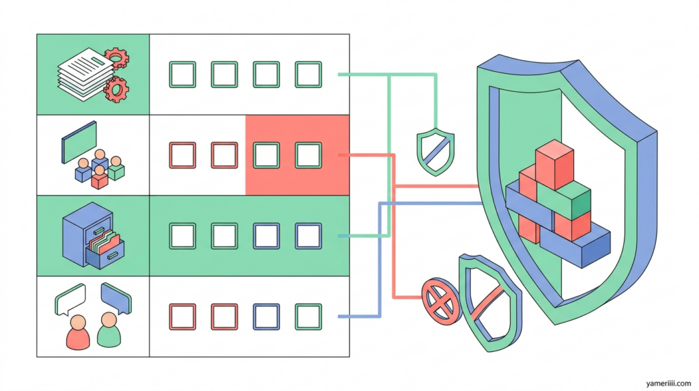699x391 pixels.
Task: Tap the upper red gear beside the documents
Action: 117,58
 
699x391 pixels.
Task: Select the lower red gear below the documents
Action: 117,87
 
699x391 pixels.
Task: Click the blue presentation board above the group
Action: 80,141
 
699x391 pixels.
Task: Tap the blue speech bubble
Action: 115,297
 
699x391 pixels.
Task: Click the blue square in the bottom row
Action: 266,316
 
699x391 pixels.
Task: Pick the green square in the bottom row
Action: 308,316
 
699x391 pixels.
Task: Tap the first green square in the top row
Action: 182,74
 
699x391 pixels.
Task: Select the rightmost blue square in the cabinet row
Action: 308,236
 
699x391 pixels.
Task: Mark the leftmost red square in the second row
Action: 182,155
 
